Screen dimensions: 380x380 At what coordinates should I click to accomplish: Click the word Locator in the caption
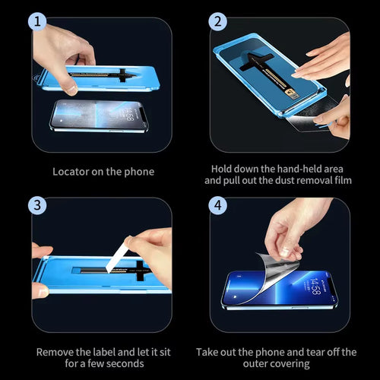coord(71,172)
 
